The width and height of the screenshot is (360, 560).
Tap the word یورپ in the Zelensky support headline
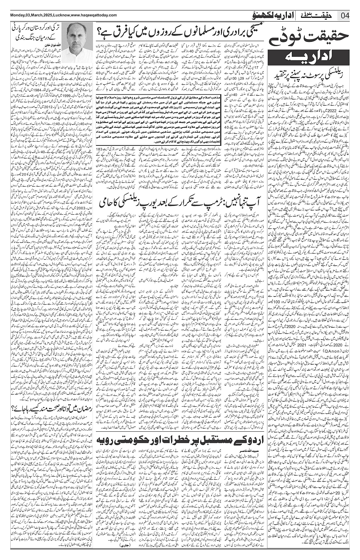tap(144, 202)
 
